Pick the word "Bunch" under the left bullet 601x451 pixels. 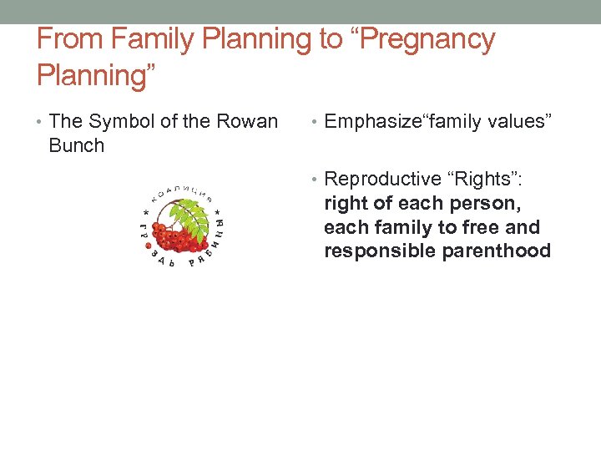point(77,145)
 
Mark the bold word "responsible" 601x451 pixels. point(372,251)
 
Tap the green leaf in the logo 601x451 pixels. point(194,219)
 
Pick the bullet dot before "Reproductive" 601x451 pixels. point(316,180)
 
